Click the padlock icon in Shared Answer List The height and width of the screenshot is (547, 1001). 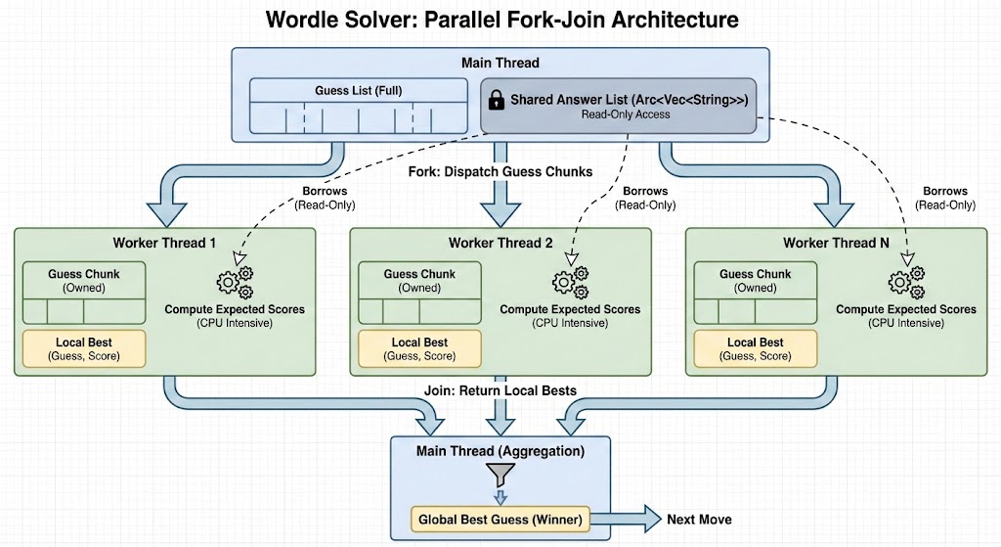point(496,101)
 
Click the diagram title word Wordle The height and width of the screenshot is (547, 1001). point(306,20)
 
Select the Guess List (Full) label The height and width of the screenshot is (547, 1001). point(358,91)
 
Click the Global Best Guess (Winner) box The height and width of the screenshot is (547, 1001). point(500,519)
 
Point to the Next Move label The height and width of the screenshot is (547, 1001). point(700,519)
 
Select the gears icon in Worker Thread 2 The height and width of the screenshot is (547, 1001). point(569,282)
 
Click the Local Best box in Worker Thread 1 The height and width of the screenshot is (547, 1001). point(83,349)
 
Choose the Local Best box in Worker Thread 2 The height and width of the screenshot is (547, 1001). point(419,349)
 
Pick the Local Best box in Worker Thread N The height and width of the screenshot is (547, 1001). point(756,349)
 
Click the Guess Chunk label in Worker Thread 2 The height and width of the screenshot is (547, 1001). point(419,274)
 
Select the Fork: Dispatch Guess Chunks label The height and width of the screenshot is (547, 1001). point(500,171)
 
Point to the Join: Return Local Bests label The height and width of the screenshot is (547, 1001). point(500,390)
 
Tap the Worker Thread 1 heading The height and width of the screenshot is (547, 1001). point(164,243)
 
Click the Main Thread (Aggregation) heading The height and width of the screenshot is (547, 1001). point(500,451)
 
